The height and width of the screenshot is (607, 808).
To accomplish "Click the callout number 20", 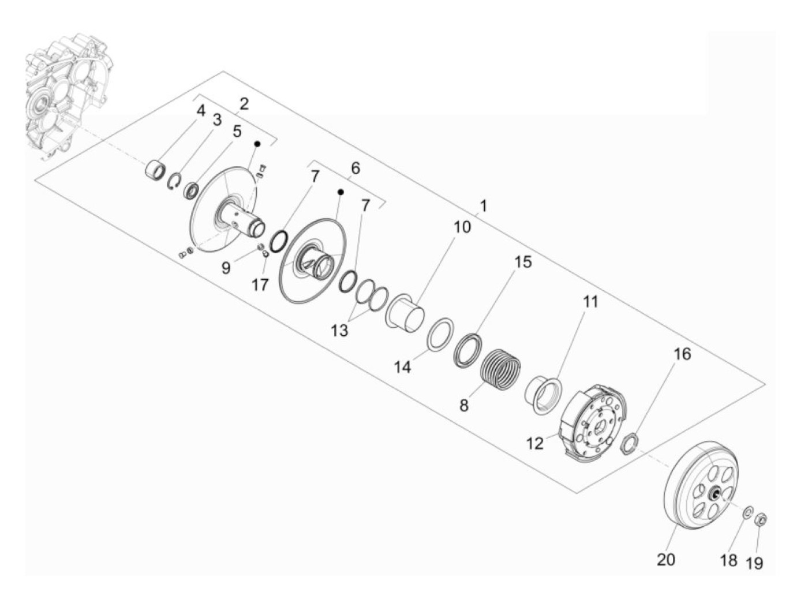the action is coord(666,559).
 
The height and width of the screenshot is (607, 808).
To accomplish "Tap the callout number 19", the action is coord(754,563).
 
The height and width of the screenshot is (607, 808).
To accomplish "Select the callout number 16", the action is coord(682,354).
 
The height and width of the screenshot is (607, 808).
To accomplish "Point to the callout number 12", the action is coord(535,443).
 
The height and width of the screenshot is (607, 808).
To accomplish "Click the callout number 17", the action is coord(260,284).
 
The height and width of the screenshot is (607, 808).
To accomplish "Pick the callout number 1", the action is coord(483,206).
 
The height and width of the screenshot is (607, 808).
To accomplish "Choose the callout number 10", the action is coord(462,227).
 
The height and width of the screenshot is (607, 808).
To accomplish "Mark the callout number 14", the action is coord(403,366).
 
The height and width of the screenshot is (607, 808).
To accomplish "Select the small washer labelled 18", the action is coord(747,511).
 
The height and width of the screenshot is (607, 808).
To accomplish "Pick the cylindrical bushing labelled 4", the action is coord(155,171).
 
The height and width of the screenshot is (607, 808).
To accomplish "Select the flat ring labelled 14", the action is coord(440,334).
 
